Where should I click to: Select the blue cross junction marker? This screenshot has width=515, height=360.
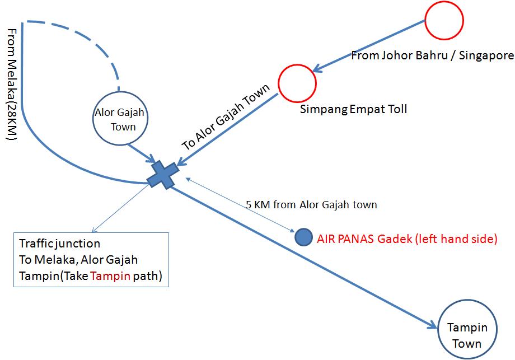[163, 175]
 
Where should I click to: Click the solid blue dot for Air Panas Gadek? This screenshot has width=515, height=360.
[303, 237]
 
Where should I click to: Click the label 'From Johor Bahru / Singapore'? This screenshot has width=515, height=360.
[432, 55]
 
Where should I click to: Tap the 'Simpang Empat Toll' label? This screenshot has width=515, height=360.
[353, 109]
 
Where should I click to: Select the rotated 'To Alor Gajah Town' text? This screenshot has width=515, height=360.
[226, 116]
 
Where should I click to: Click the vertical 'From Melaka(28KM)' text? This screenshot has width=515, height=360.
[12, 85]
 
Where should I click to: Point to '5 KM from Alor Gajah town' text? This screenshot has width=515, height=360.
[311, 205]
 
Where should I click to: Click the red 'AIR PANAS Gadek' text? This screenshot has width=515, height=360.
[364, 239]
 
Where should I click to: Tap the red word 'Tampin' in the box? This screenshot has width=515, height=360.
[110, 275]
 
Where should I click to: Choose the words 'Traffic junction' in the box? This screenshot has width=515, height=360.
[59, 244]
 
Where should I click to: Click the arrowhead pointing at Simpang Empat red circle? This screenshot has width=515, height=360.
[319, 68]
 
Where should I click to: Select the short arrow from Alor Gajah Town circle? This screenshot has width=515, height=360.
[142, 153]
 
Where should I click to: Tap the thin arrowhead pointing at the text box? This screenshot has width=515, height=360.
[94, 230]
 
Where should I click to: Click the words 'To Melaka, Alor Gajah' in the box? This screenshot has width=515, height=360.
[78, 259]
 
